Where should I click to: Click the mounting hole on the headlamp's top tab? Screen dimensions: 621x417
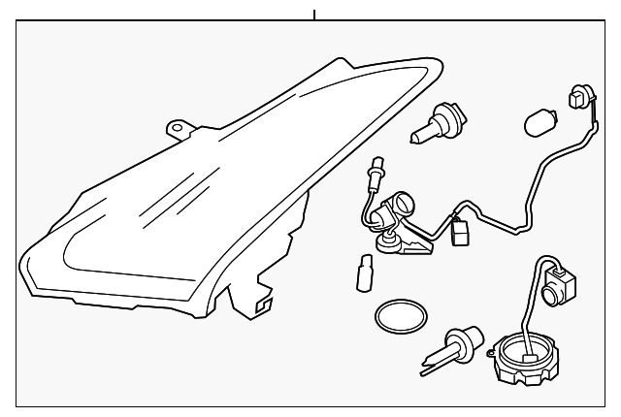[x=176, y=127]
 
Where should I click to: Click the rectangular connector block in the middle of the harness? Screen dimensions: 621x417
[x=461, y=232]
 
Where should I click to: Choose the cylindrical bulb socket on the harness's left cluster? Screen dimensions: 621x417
[x=396, y=209]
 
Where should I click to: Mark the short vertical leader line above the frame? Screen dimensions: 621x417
[x=314, y=14]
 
